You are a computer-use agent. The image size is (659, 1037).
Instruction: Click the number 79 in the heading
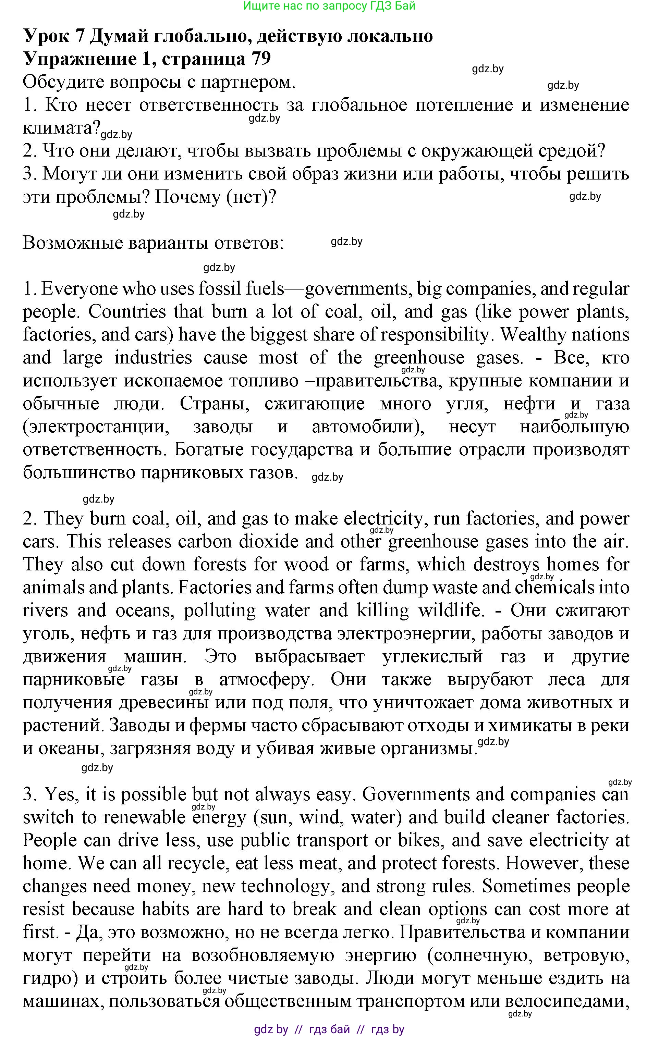[x=260, y=58]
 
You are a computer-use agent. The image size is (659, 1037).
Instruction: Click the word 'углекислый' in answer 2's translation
[x=432, y=656]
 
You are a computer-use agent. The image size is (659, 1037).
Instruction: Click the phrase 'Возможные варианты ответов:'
[x=153, y=243]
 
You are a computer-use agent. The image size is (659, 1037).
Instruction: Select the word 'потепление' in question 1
[x=463, y=104]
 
